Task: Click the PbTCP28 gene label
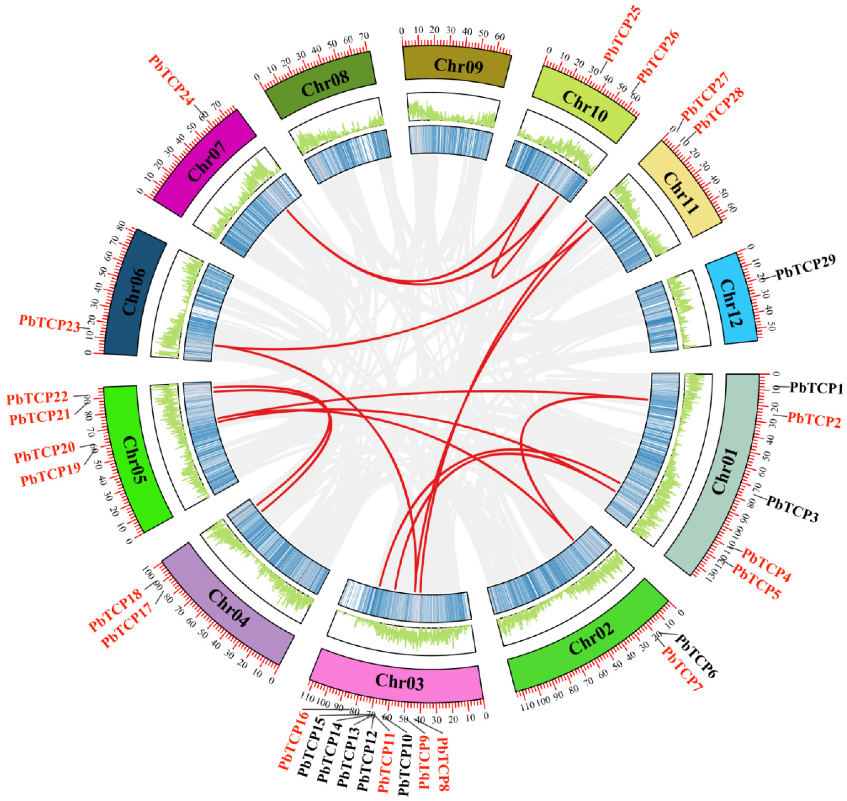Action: [x=719, y=110]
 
